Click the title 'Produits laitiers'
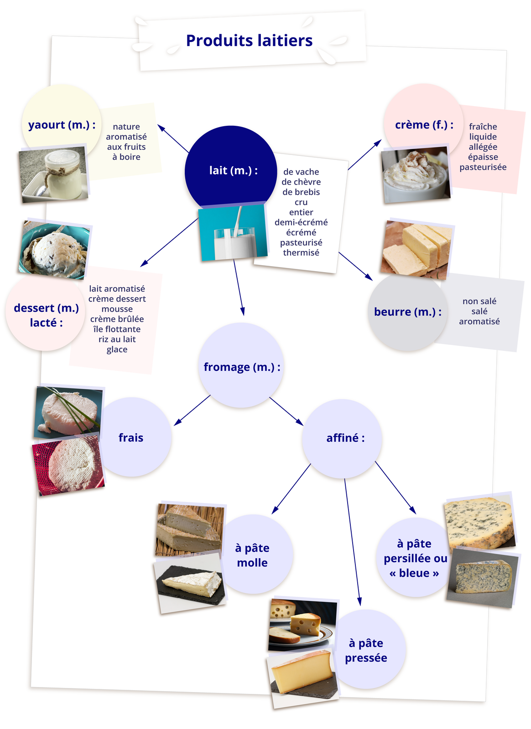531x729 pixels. (249, 41)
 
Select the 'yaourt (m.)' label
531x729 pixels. (62, 124)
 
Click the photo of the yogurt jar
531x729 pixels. (52, 174)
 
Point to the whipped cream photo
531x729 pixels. (416, 175)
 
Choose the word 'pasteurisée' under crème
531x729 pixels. (483, 167)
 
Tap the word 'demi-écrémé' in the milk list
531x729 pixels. (301, 222)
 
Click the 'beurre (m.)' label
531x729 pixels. (407, 312)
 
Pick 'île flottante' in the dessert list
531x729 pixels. (117, 329)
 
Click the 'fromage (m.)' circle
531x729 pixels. (241, 367)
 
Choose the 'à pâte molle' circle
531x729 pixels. (252, 555)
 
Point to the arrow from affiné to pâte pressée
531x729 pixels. (352, 542)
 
